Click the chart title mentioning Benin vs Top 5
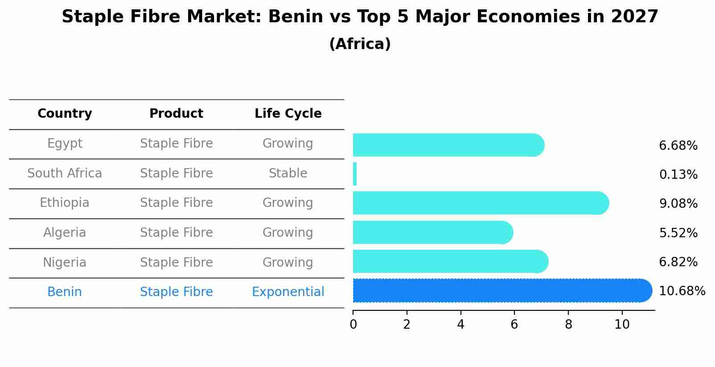pos(360,17)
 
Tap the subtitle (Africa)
pos(360,44)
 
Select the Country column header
pos(65,114)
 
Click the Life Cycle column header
pos(288,114)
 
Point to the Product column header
pos(176,114)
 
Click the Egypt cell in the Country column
pos(65,144)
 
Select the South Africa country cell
pos(65,173)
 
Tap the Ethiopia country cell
pos(65,203)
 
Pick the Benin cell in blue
pos(65,292)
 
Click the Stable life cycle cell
pos(288,173)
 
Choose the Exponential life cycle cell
pos(288,292)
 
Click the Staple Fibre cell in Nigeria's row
pos(176,262)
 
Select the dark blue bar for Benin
pos(499,291)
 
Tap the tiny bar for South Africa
pos(355,174)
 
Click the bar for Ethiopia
pos(479,203)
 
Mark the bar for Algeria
pos(432,232)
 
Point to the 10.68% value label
pos(682,291)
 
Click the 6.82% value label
pos(678,262)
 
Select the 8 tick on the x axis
pos(568,325)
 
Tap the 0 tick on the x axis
pos(353,325)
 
